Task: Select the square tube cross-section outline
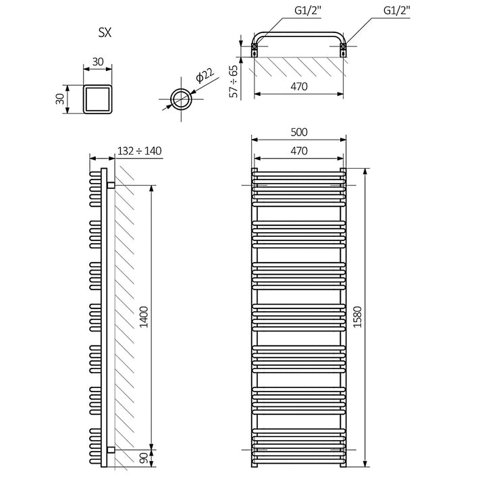coord(97,99)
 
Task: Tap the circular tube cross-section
coord(181,99)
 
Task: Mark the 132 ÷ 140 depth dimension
coord(139,151)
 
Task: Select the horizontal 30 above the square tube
coord(97,61)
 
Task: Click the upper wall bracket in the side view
coord(109,184)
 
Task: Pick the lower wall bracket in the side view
coord(109,449)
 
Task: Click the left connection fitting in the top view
coord(254,47)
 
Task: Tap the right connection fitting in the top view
coord(344,47)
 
